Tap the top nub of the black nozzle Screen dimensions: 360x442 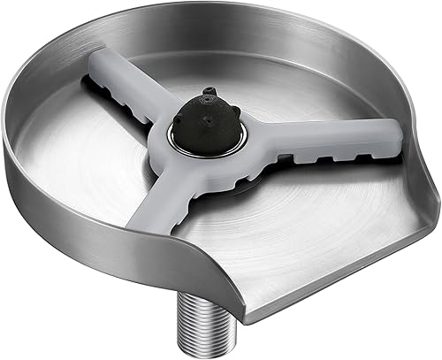[209, 93]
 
